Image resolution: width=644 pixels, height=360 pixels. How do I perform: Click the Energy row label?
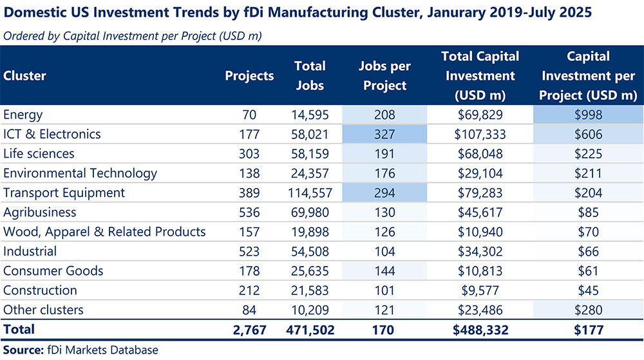click(23, 115)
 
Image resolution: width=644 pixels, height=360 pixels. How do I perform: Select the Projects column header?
click(249, 75)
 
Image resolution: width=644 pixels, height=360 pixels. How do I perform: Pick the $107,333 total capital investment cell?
click(480, 135)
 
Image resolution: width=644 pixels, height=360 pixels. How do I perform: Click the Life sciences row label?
click(39, 154)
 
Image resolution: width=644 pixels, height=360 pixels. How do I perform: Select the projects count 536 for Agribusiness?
click(249, 213)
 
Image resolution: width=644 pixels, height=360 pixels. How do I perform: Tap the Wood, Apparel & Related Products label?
click(104, 232)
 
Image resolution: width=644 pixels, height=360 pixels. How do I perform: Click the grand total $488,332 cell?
click(480, 330)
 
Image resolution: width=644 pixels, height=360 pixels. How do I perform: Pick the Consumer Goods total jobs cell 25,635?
click(308, 271)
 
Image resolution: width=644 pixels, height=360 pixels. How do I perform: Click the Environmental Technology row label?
click(80, 173)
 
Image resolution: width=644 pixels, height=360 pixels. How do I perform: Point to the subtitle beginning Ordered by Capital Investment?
click(131, 36)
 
